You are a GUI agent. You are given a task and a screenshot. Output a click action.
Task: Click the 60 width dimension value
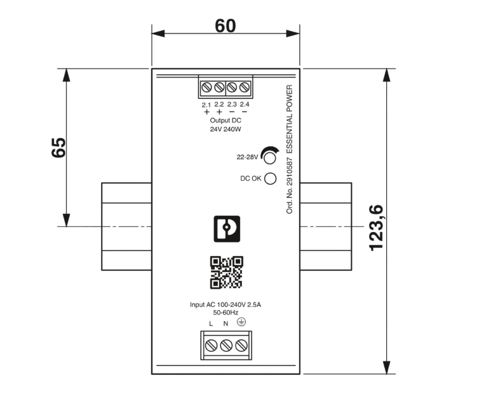click(x=225, y=25)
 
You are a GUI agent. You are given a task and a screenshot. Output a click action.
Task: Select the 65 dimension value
click(x=58, y=148)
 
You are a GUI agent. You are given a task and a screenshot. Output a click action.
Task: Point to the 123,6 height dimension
click(x=376, y=228)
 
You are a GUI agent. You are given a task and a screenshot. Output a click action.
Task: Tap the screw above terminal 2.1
click(x=206, y=88)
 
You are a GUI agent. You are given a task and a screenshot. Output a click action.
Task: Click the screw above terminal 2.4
click(x=245, y=88)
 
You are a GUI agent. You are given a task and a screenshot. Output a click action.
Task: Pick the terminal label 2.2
click(x=219, y=105)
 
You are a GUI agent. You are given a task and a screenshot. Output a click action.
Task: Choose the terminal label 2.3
click(x=232, y=105)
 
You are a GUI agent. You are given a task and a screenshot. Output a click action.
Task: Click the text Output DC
click(x=226, y=121)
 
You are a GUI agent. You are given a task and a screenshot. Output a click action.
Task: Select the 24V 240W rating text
click(x=226, y=129)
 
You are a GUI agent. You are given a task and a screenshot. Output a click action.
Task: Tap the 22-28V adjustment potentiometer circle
click(x=270, y=158)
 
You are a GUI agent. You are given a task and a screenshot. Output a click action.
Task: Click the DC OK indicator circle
click(x=270, y=178)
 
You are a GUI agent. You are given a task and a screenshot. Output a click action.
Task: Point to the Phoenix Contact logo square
click(x=227, y=229)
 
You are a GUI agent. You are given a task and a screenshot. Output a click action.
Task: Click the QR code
click(x=226, y=272)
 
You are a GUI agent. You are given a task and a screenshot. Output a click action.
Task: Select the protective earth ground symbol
click(x=241, y=322)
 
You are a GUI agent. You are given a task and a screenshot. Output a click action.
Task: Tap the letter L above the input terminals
click(x=211, y=323)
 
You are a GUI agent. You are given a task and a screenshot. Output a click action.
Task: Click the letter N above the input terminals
click(x=226, y=323)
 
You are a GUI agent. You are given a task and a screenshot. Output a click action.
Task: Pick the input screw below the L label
click(x=211, y=346)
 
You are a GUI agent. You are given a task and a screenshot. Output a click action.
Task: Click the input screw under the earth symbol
click(x=241, y=346)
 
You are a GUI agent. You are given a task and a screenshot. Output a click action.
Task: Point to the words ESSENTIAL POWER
click(x=289, y=119)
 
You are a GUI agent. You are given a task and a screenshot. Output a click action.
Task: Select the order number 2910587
click(x=289, y=171)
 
